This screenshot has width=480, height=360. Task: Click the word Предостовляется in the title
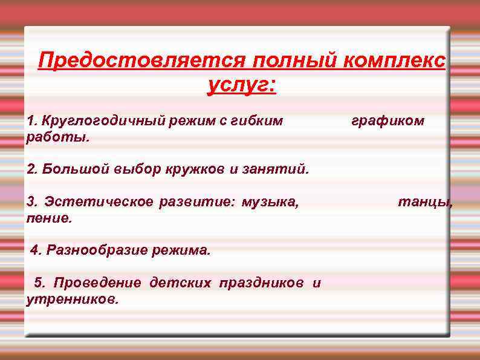tap(140, 61)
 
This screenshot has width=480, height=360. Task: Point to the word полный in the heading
tap(296, 61)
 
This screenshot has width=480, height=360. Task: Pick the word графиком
tap(388, 121)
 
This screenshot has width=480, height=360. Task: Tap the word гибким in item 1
tap(258, 121)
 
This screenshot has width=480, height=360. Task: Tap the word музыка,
tap(270, 201)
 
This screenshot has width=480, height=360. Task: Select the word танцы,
tap(424, 201)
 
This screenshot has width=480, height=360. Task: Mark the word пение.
tap(50, 217)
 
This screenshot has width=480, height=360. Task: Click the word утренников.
tap(73, 298)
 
